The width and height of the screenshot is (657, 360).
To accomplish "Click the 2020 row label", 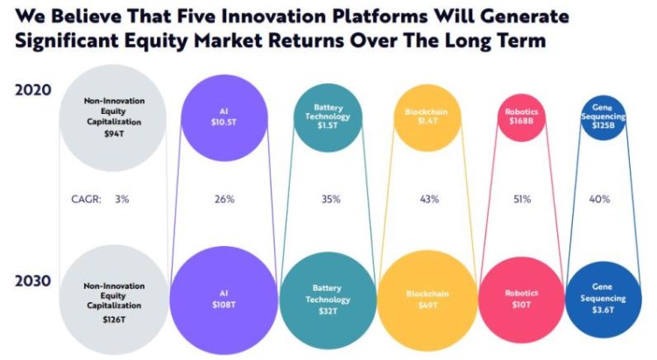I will click(x=32, y=89).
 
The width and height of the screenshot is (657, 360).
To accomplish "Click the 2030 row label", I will click(x=32, y=281).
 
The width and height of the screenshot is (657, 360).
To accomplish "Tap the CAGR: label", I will click(x=85, y=200).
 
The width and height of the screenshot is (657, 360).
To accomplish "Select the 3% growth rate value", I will click(x=122, y=200).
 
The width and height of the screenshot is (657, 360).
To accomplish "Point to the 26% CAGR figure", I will click(x=224, y=200).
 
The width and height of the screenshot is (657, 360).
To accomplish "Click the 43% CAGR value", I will click(x=429, y=200).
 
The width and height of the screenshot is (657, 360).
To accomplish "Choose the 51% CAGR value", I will click(x=521, y=200).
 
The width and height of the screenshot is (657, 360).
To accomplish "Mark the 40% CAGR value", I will click(x=601, y=200).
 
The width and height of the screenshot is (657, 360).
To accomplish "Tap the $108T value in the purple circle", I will click(x=224, y=303).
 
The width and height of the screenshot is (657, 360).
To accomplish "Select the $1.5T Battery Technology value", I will click(x=327, y=126).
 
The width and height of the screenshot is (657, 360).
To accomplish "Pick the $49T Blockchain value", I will click(x=428, y=304).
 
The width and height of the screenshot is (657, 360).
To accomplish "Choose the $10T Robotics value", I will click(x=521, y=304).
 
